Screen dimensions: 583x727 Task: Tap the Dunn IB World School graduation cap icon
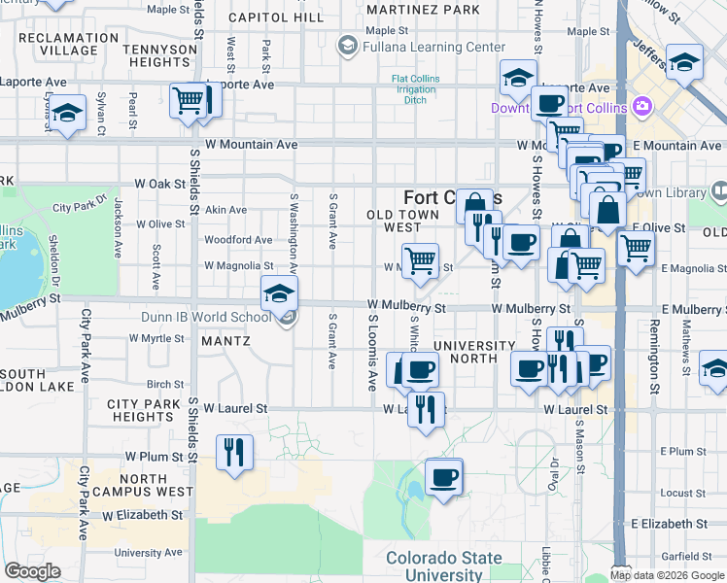click(x=279, y=292)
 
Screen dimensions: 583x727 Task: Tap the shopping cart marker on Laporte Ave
click(x=189, y=99)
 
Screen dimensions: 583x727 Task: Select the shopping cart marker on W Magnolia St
click(x=420, y=260)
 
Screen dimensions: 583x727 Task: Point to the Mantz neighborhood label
click(x=225, y=341)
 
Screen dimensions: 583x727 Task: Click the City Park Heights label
click(x=142, y=410)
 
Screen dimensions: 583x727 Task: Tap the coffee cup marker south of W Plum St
click(x=443, y=477)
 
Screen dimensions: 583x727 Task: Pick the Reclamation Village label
click(x=61, y=44)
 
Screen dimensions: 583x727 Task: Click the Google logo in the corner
click(x=33, y=571)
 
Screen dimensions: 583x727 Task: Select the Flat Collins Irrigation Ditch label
click(x=415, y=89)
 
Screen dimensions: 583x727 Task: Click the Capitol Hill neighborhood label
click(x=275, y=17)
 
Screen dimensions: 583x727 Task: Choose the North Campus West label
click(x=156, y=485)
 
